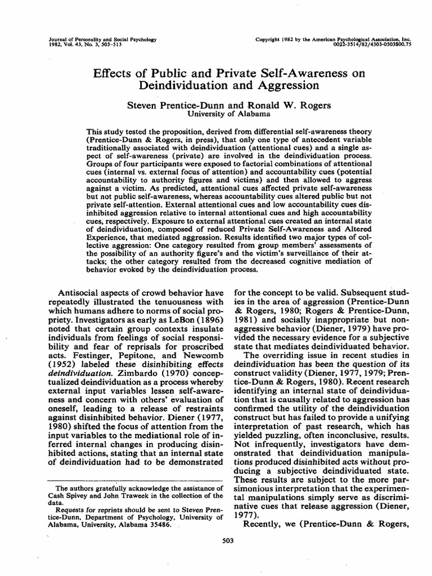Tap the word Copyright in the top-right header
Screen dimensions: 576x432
point(272,39)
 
